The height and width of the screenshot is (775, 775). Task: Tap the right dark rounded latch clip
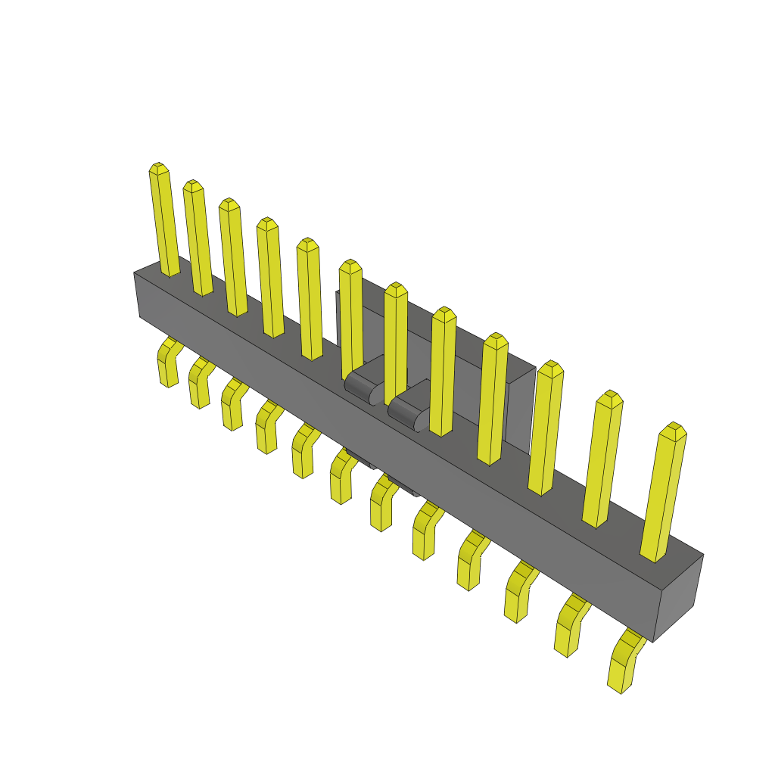(409, 405)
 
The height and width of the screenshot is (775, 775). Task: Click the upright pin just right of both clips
(443, 371)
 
